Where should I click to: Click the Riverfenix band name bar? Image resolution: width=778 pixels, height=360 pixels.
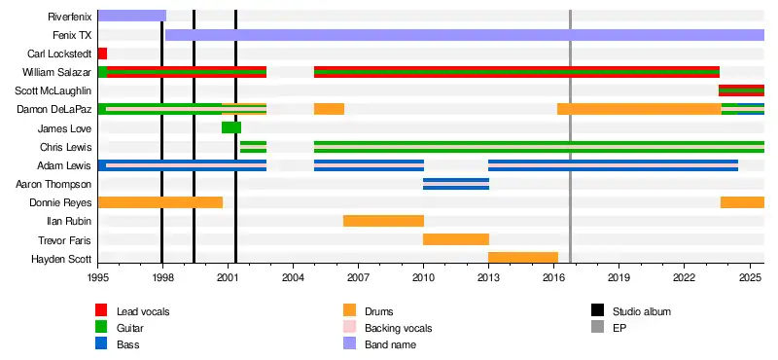(132, 16)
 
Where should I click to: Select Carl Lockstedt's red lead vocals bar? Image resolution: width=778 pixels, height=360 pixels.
(103, 54)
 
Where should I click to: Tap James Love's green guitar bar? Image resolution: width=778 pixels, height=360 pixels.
(231, 127)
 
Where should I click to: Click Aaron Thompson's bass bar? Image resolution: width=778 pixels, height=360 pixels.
(456, 184)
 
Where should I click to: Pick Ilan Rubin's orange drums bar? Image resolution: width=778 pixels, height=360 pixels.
(383, 221)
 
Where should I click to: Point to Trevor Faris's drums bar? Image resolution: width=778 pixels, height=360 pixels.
(456, 239)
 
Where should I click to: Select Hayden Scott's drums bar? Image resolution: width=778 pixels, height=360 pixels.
(523, 258)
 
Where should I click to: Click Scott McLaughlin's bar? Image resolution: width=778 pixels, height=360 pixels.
(741, 90)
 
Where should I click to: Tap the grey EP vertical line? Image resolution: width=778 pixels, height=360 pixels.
(570, 136)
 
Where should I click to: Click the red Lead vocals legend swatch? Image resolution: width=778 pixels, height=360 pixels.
(101, 311)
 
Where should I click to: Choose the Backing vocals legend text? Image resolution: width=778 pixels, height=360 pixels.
(399, 328)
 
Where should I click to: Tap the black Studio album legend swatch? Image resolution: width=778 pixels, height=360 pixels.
(597, 311)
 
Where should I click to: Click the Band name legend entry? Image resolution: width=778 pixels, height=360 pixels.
(391, 344)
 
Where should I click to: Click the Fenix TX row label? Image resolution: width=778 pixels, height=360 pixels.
(72, 35)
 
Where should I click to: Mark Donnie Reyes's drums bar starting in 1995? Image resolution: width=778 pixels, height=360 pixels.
(160, 202)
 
